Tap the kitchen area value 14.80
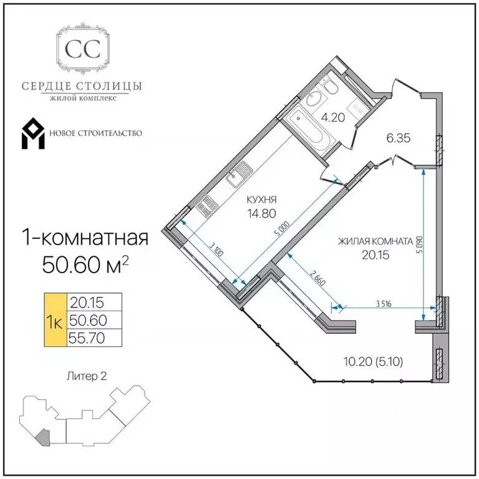point(262,213)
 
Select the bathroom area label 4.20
point(333,117)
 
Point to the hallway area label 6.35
point(399,138)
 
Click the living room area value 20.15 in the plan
point(375,254)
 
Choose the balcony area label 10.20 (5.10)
point(374,362)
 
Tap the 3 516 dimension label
point(384,304)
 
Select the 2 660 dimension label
point(317,278)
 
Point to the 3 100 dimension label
point(217,249)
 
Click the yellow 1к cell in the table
point(56,320)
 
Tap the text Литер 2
point(87,376)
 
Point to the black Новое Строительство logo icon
point(33,133)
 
